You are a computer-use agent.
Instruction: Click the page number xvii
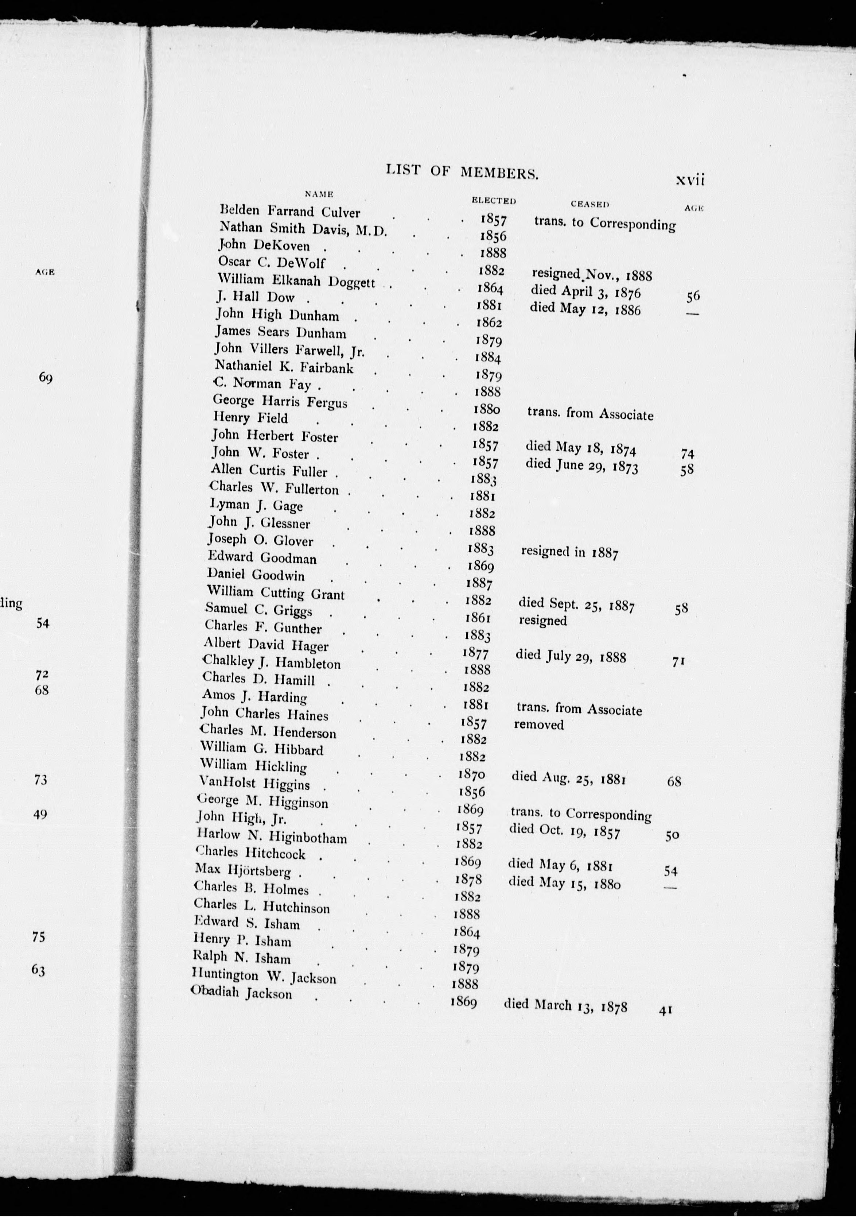tap(690, 180)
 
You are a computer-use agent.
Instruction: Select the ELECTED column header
tap(493, 200)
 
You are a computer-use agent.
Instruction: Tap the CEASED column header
tap(590, 204)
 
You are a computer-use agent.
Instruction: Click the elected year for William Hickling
tap(471, 774)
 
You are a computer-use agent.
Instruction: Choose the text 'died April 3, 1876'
tap(585, 291)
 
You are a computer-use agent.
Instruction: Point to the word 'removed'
tap(539, 725)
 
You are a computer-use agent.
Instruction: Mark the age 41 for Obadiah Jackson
tap(666, 1010)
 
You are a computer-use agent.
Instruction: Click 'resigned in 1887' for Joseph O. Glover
tap(569, 552)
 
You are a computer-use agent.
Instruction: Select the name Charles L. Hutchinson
tap(262, 906)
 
